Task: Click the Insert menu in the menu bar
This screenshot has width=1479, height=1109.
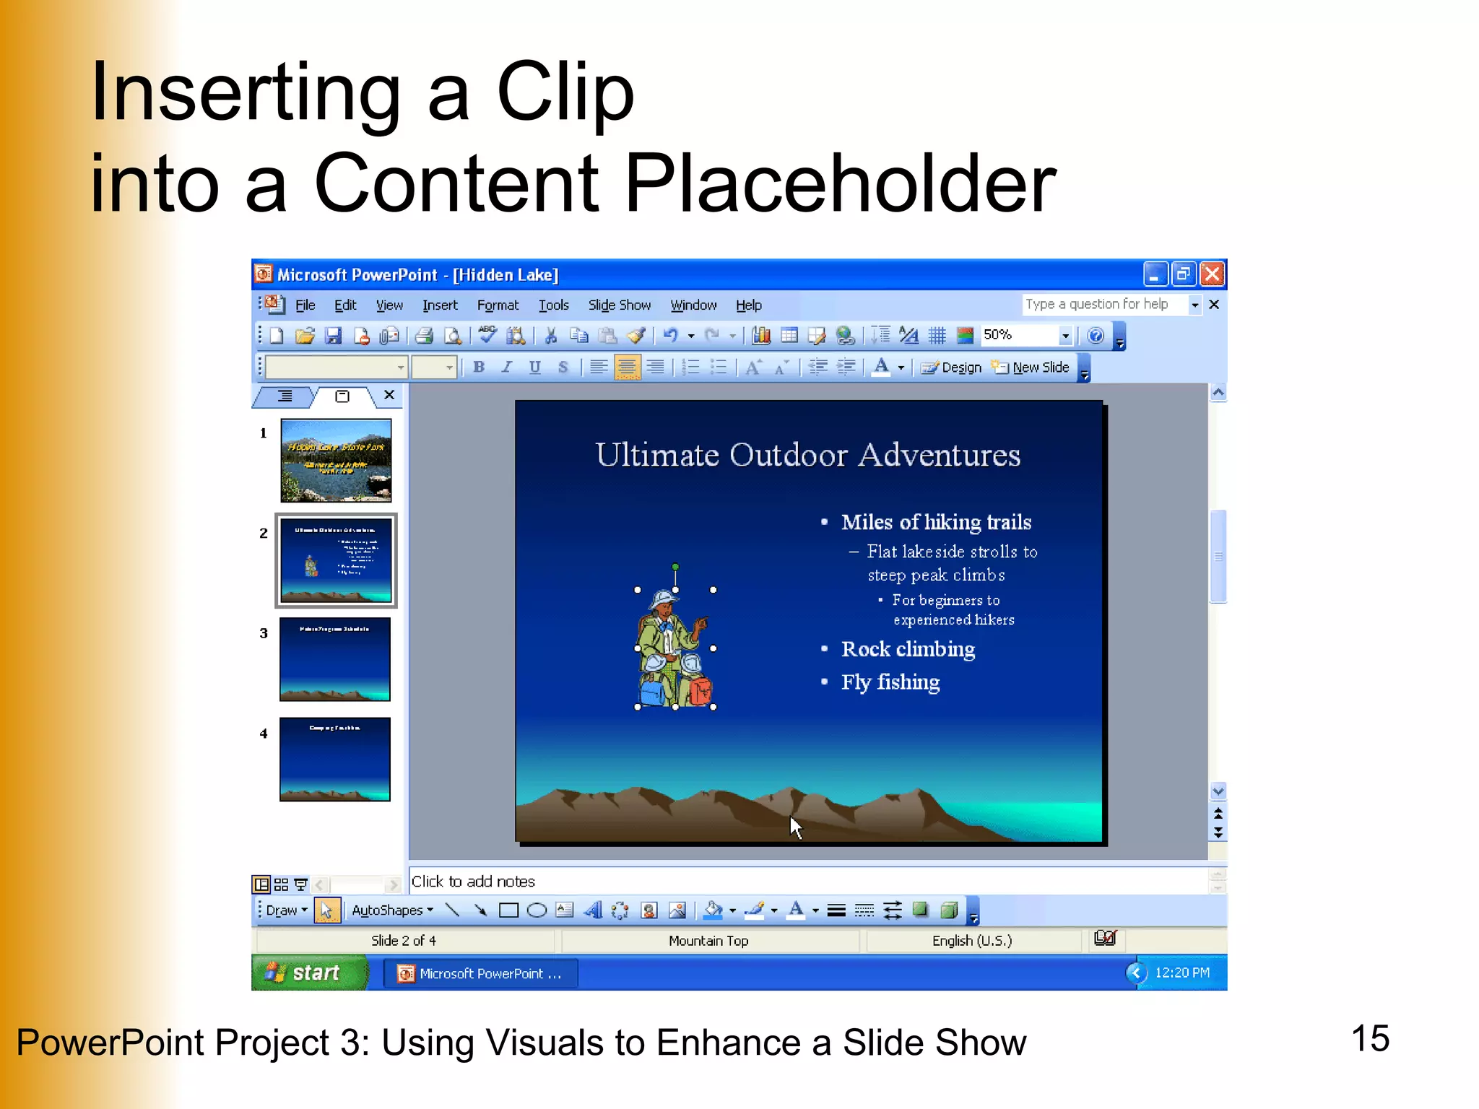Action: [x=440, y=305]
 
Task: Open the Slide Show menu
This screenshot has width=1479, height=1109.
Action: [x=619, y=305]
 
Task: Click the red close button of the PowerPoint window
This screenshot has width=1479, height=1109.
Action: [x=1212, y=274]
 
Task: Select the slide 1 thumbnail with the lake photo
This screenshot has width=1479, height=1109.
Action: [x=336, y=460]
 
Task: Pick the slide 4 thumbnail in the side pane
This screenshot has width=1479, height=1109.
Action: [x=335, y=759]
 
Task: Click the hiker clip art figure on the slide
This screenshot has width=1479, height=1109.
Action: [x=674, y=650]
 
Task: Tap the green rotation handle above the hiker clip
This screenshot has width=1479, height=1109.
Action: [x=675, y=567]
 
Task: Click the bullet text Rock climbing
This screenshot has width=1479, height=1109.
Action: [x=908, y=649]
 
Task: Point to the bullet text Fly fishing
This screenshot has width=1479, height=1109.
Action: [x=890, y=682]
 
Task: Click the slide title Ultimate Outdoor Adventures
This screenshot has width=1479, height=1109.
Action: [x=807, y=455]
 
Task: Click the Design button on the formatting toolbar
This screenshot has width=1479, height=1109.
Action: [x=953, y=368]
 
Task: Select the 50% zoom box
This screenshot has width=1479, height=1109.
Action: [x=1018, y=335]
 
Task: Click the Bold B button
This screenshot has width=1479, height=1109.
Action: [x=478, y=368]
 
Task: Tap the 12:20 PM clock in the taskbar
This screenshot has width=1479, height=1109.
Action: [x=1181, y=973]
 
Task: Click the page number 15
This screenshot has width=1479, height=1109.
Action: [x=1369, y=1039]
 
